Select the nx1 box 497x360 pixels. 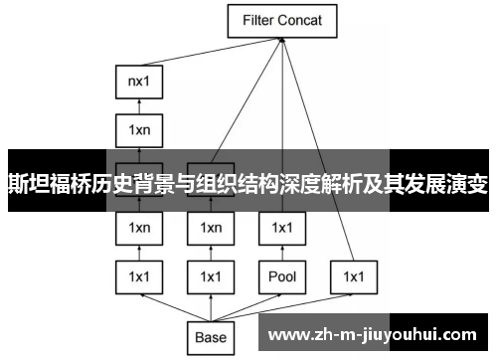[x=139, y=81]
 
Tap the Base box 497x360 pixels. [x=211, y=337]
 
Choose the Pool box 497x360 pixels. [x=282, y=275]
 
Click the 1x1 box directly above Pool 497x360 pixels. [x=282, y=228]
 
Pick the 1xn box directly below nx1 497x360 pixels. [x=139, y=129]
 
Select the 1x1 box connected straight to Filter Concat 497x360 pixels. [x=354, y=275]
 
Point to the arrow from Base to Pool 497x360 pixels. [x=248, y=306]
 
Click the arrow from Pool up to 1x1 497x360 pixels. [x=282, y=252]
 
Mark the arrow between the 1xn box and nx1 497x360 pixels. [x=139, y=105]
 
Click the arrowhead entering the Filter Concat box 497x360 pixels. [x=283, y=39]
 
